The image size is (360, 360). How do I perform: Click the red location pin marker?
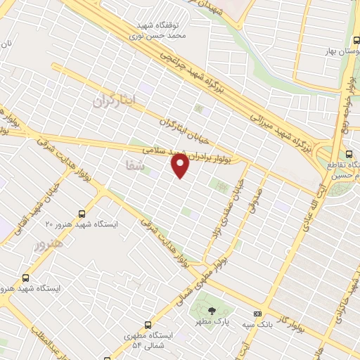181,165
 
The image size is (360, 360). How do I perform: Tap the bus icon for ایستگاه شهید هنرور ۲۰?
83,212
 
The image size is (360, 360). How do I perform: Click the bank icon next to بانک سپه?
257,314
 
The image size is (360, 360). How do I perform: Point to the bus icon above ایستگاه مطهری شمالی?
148,325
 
